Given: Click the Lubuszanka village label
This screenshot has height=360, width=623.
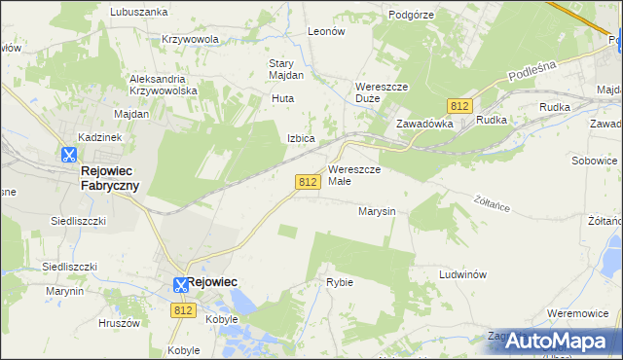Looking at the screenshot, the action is [x=139, y=12].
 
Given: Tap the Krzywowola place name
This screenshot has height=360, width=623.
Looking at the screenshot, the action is [x=191, y=39].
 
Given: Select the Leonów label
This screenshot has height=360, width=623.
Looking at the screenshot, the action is [x=326, y=31].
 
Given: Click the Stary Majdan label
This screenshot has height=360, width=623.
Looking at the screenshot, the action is [x=286, y=69].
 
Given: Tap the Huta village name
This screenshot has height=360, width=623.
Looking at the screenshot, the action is [x=282, y=98].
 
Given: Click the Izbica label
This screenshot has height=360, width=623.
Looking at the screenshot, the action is [x=300, y=138].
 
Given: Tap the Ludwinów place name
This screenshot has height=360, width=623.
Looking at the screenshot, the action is [x=462, y=274].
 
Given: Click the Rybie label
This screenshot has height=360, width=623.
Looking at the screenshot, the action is [x=340, y=282].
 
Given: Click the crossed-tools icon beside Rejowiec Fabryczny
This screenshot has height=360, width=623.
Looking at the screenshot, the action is [x=68, y=154].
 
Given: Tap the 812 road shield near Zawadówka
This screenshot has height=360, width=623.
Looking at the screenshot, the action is [x=460, y=105].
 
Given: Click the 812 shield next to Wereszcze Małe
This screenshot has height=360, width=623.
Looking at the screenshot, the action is [x=308, y=182].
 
